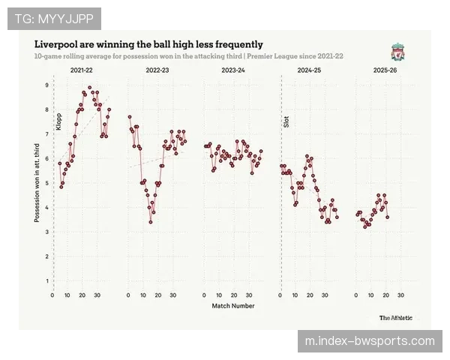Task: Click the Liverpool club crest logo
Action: click(397, 51)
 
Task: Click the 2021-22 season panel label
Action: click(82, 70)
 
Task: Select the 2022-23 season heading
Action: click(157, 70)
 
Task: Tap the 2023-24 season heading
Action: click(233, 70)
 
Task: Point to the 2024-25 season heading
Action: click(309, 70)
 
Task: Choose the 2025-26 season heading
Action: click(385, 70)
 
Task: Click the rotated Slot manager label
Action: click(286, 120)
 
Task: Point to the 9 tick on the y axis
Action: click(46, 85)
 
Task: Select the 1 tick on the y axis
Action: click(46, 281)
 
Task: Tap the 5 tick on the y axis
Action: click(46, 183)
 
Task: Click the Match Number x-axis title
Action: click(232, 306)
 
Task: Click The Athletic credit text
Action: click(395, 317)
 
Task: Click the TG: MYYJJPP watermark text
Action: click(54, 16)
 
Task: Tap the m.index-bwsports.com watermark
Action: click(370, 341)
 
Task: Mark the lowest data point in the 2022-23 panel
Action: click(151, 221)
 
